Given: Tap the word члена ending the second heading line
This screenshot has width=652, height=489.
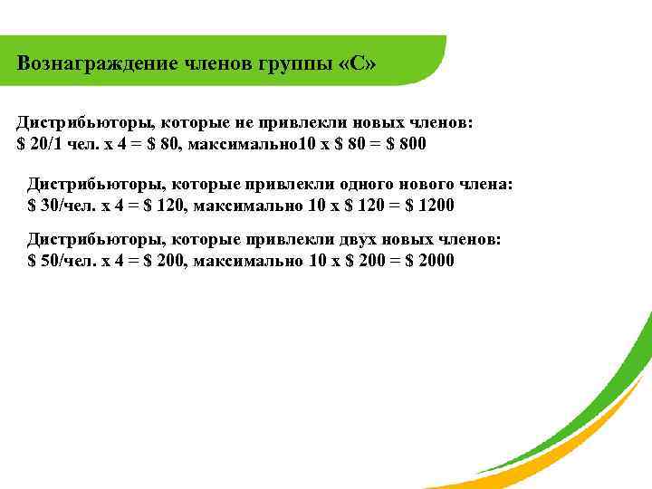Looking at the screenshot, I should (485, 184).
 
